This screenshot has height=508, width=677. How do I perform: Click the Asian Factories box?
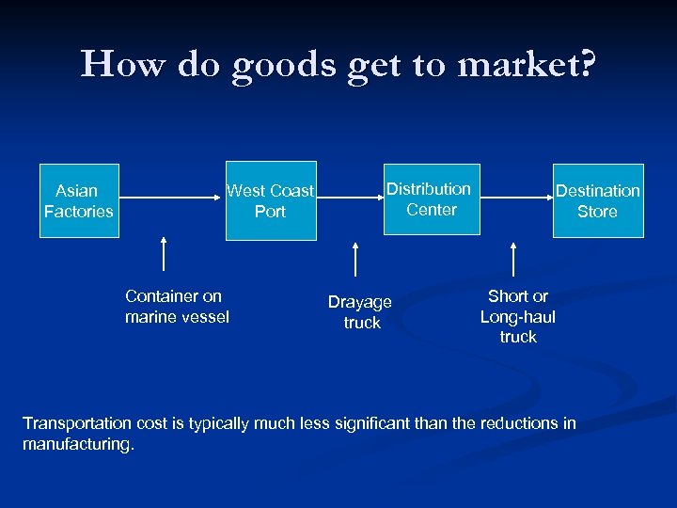pyautogui.click(x=79, y=201)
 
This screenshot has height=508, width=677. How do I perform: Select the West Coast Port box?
pyautogui.click(x=271, y=201)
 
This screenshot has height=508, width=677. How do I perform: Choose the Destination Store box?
pyautogui.click(x=598, y=201)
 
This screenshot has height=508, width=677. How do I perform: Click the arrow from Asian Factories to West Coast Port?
pyautogui.click(x=169, y=198)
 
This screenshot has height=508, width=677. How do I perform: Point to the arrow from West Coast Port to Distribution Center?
pyautogui.click(x=347, y=198)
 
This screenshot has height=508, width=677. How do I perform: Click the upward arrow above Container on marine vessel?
pyautogui.click(x=165, y=254)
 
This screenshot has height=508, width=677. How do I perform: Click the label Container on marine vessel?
pyautogui.click(x=177, y=307)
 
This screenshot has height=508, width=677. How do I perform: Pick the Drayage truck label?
pyautogui.click(x=360, y=312)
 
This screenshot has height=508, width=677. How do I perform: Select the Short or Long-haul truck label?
pyautogui.click(x=518, y=316)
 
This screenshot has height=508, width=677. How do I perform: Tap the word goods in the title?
pyautogui.click(x=278, y=65)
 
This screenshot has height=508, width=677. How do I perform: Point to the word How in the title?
pyautogui.click(x=114, y=65)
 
